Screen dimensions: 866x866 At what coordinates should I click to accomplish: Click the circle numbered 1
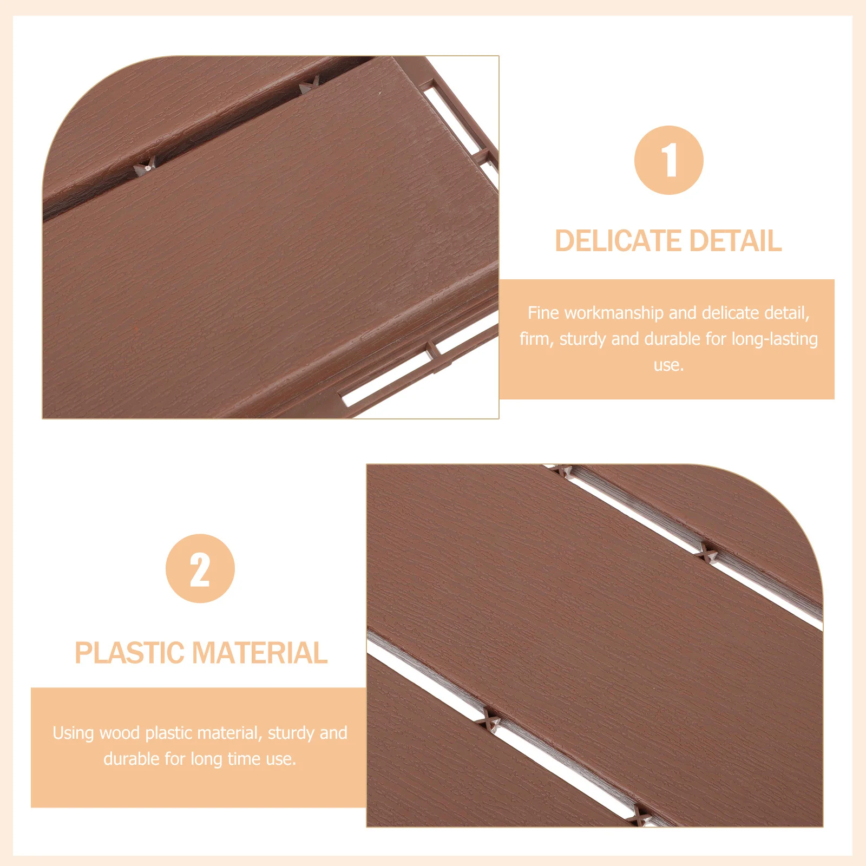668,160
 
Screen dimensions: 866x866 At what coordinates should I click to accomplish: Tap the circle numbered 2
200,569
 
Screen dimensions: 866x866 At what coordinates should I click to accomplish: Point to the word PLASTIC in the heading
129,653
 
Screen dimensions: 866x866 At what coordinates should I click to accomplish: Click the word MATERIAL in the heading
260,653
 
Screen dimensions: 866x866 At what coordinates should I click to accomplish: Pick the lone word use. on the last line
668,365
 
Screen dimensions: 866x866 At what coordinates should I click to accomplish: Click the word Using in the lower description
73,733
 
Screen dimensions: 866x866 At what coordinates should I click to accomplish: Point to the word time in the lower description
241,759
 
